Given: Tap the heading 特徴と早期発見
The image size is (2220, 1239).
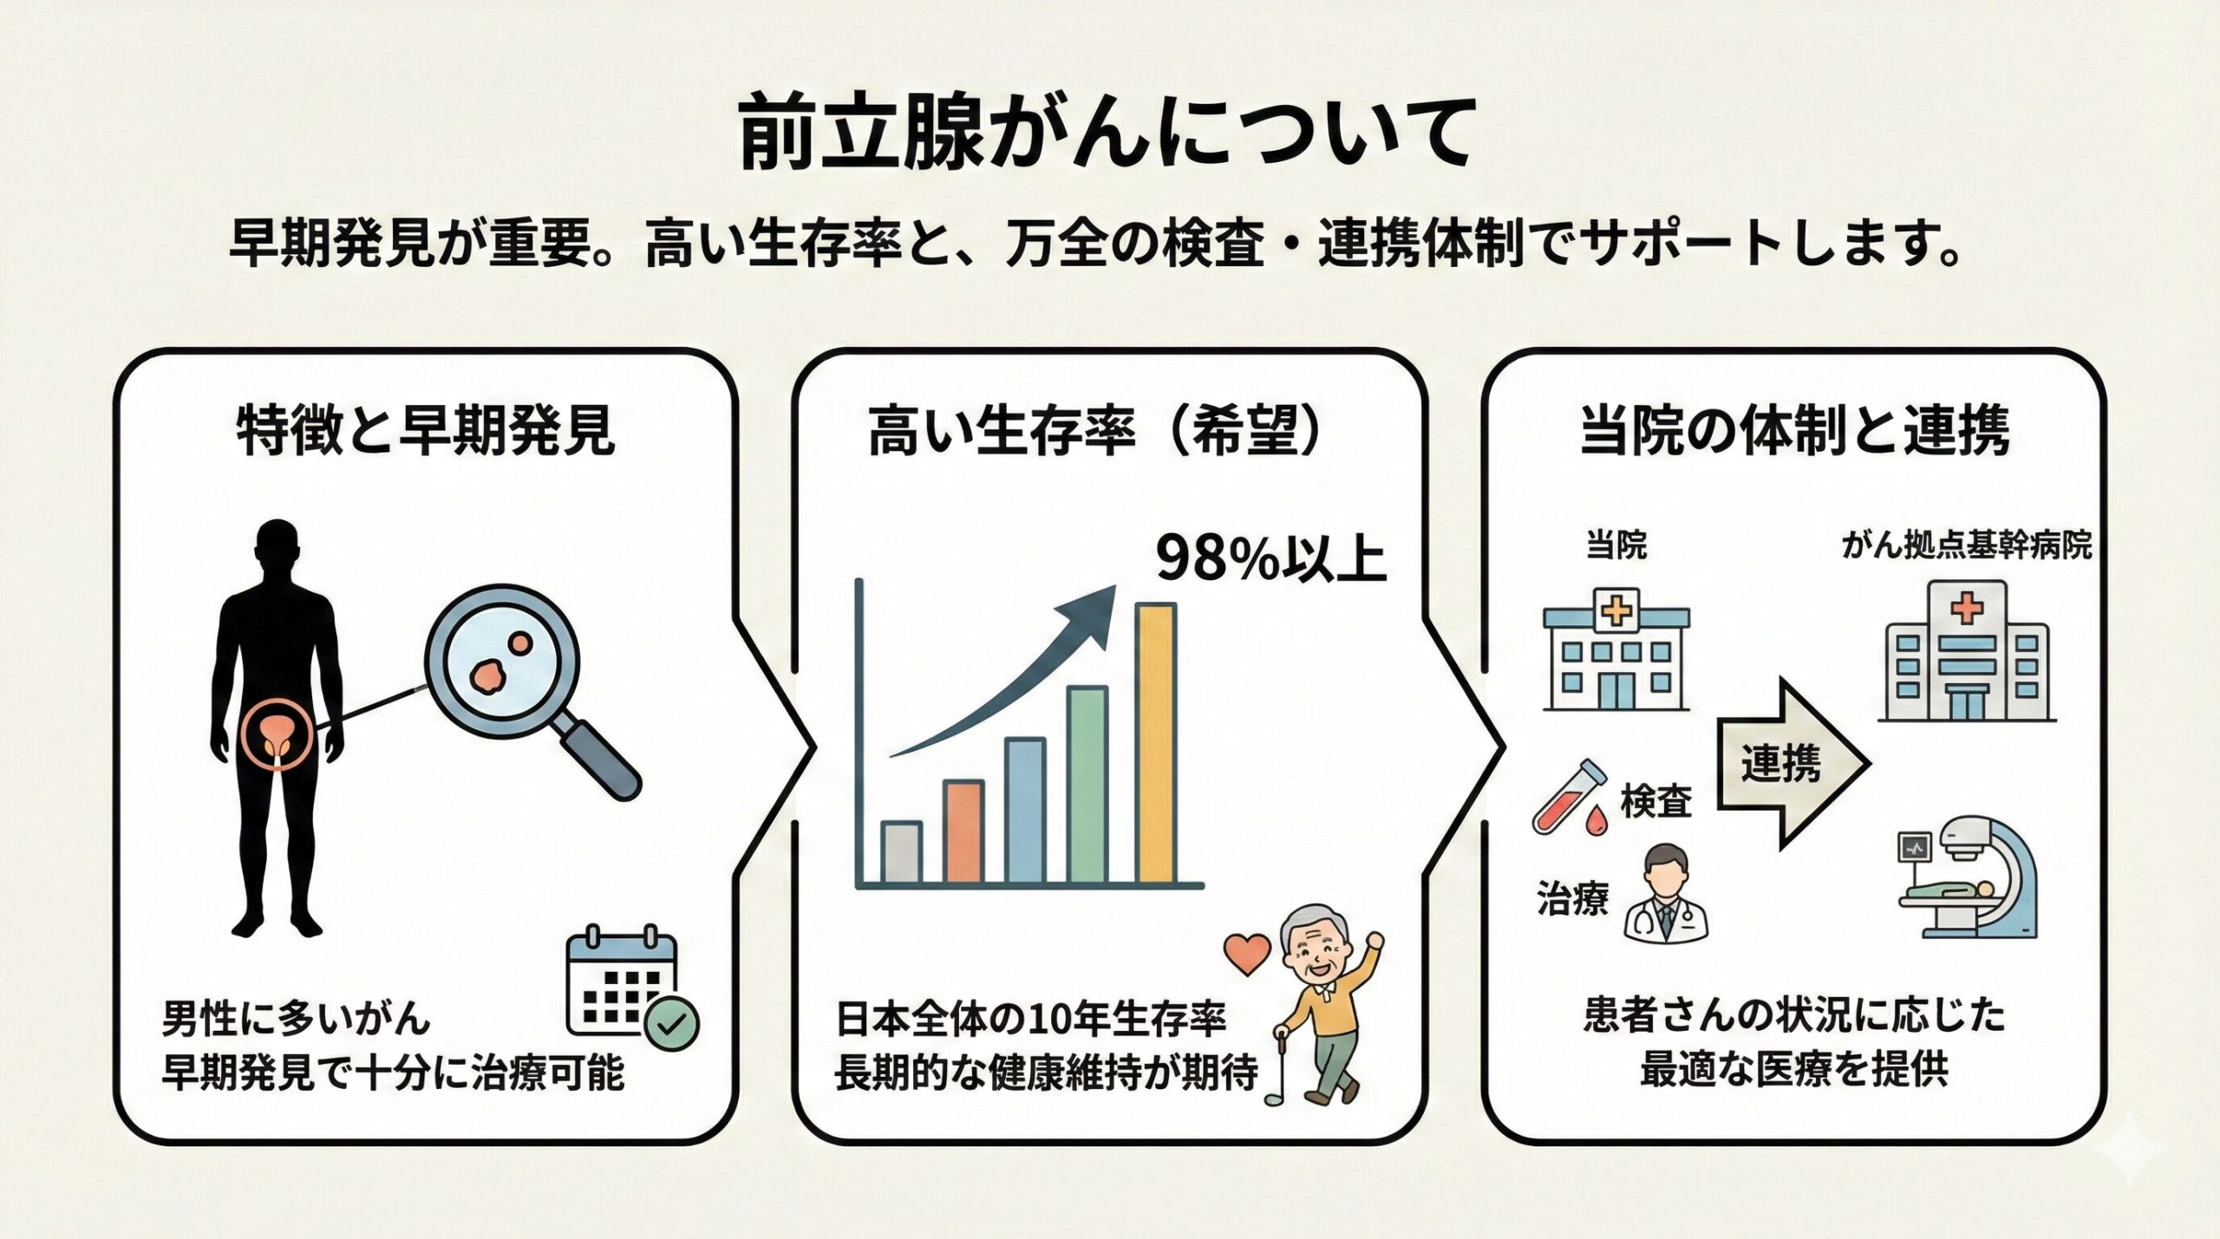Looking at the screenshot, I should [426, 430].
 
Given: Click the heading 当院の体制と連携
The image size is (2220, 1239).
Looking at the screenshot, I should [1793, 430].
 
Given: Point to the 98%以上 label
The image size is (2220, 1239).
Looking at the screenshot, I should [1270, 560].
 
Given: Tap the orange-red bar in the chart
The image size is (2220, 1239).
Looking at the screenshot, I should [963, 831].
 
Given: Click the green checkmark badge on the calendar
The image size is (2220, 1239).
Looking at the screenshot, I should [671, 1025].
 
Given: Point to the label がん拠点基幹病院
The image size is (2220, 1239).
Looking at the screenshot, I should [1966, 546].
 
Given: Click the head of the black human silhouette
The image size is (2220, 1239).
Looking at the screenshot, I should [278, 549].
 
